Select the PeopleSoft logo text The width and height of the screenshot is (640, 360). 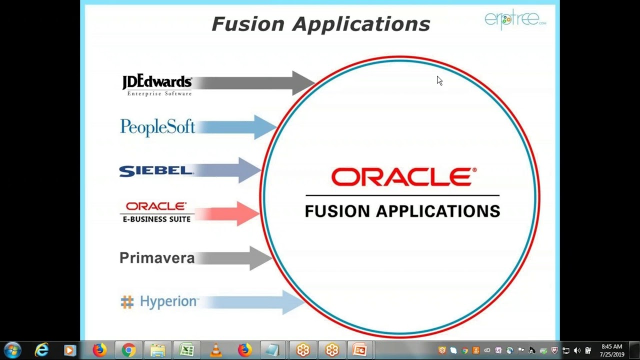click(157, 127)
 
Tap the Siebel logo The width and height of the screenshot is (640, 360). click(155, 171)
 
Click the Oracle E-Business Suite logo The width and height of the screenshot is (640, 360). click(156, 211)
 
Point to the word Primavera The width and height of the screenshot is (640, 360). click(157, 258)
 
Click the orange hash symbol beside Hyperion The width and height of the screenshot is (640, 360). click(127, 302)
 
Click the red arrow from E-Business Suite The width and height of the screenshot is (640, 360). click(230, 214)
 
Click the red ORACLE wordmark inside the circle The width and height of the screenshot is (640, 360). click(403, 177)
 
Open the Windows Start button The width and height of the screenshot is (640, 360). click(12, 350)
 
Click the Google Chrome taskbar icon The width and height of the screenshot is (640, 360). click(128, 350)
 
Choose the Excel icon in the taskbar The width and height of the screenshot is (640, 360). click(187, 350)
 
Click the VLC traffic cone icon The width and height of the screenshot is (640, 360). click(216, 350)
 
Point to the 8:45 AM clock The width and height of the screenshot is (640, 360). click(612, 346)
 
